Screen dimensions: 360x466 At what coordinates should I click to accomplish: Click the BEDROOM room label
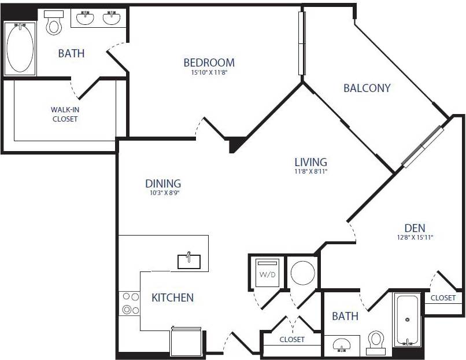(209, 63)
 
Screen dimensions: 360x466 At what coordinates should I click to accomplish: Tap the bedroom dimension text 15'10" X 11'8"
(209, 73)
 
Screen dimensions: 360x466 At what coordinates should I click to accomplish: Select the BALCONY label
(367, 88)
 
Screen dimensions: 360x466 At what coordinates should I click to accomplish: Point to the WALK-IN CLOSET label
(64, 114)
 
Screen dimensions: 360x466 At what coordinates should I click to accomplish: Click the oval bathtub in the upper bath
(20, 49)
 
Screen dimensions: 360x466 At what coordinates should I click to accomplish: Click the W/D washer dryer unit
(267, 273)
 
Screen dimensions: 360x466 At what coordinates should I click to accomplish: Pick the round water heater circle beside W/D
(303, 273)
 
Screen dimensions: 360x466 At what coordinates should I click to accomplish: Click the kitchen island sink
(189, 260)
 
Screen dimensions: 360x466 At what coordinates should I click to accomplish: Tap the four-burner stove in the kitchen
(130, 303)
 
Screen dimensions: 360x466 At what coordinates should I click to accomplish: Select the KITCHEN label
(172, 297)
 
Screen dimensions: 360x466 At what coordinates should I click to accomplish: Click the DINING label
(163, 183)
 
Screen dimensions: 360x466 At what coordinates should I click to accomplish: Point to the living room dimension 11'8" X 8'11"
(310, 171)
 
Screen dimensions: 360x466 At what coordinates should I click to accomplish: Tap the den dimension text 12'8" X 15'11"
(415, 237)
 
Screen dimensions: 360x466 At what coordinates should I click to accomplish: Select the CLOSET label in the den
(443, 298)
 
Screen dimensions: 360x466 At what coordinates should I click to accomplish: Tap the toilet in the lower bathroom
(376, 341)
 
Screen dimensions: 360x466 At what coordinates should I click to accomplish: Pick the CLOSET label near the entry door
(292, 340)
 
